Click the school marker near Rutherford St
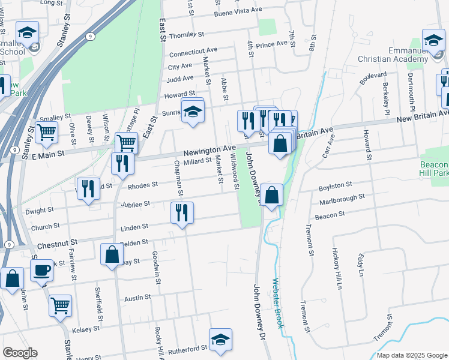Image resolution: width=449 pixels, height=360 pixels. coord(220,339)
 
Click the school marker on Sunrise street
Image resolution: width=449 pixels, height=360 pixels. coord(192,111)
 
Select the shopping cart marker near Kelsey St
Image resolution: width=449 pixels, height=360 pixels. coord(60,305)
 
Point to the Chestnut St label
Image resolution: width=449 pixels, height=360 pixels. coord(58,245)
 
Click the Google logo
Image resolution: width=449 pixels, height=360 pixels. coord(20,353)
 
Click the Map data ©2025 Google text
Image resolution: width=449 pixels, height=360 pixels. coord(411,355)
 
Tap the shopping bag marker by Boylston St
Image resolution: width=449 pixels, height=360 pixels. coord(271,195)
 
